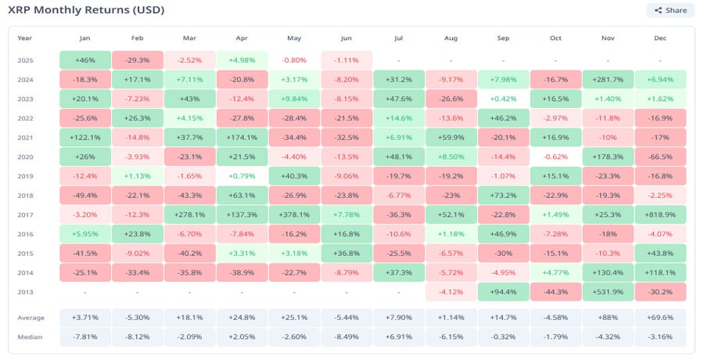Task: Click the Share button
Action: point(670,10)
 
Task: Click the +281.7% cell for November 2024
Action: point(608,79)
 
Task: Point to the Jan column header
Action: point(84,38)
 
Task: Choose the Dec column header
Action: point(661,38)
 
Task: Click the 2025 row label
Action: point(25,60)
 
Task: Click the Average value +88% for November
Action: point(608,318)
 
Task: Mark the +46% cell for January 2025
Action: point(84,60)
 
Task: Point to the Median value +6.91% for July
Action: point(399,337)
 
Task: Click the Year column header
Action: point(25,38)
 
